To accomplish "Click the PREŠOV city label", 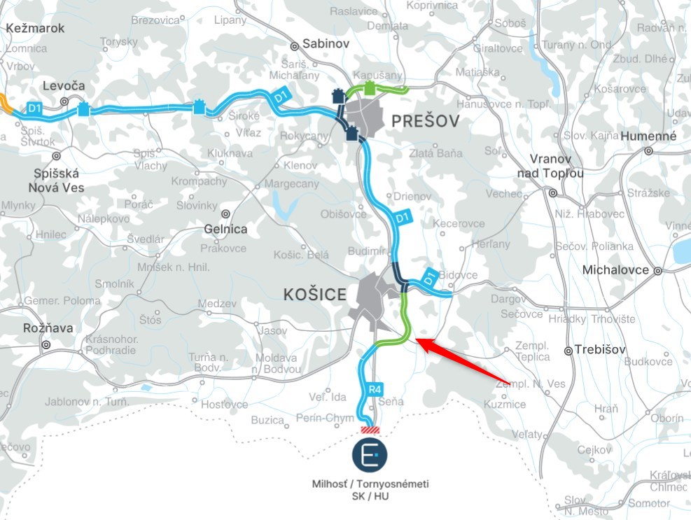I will point(426,122).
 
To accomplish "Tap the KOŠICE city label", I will point(315,295).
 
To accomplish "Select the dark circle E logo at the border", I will point(370,454).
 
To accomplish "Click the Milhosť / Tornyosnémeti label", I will point(370,484).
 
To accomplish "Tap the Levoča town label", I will point(64,86).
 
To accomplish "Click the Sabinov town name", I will point(326,43).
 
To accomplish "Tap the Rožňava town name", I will point(25,328).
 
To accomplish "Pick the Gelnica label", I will point(225,229).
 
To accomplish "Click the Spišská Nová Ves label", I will point(56,181).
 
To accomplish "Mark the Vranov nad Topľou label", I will point(550,165).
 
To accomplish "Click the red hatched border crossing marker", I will point(369,430).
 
